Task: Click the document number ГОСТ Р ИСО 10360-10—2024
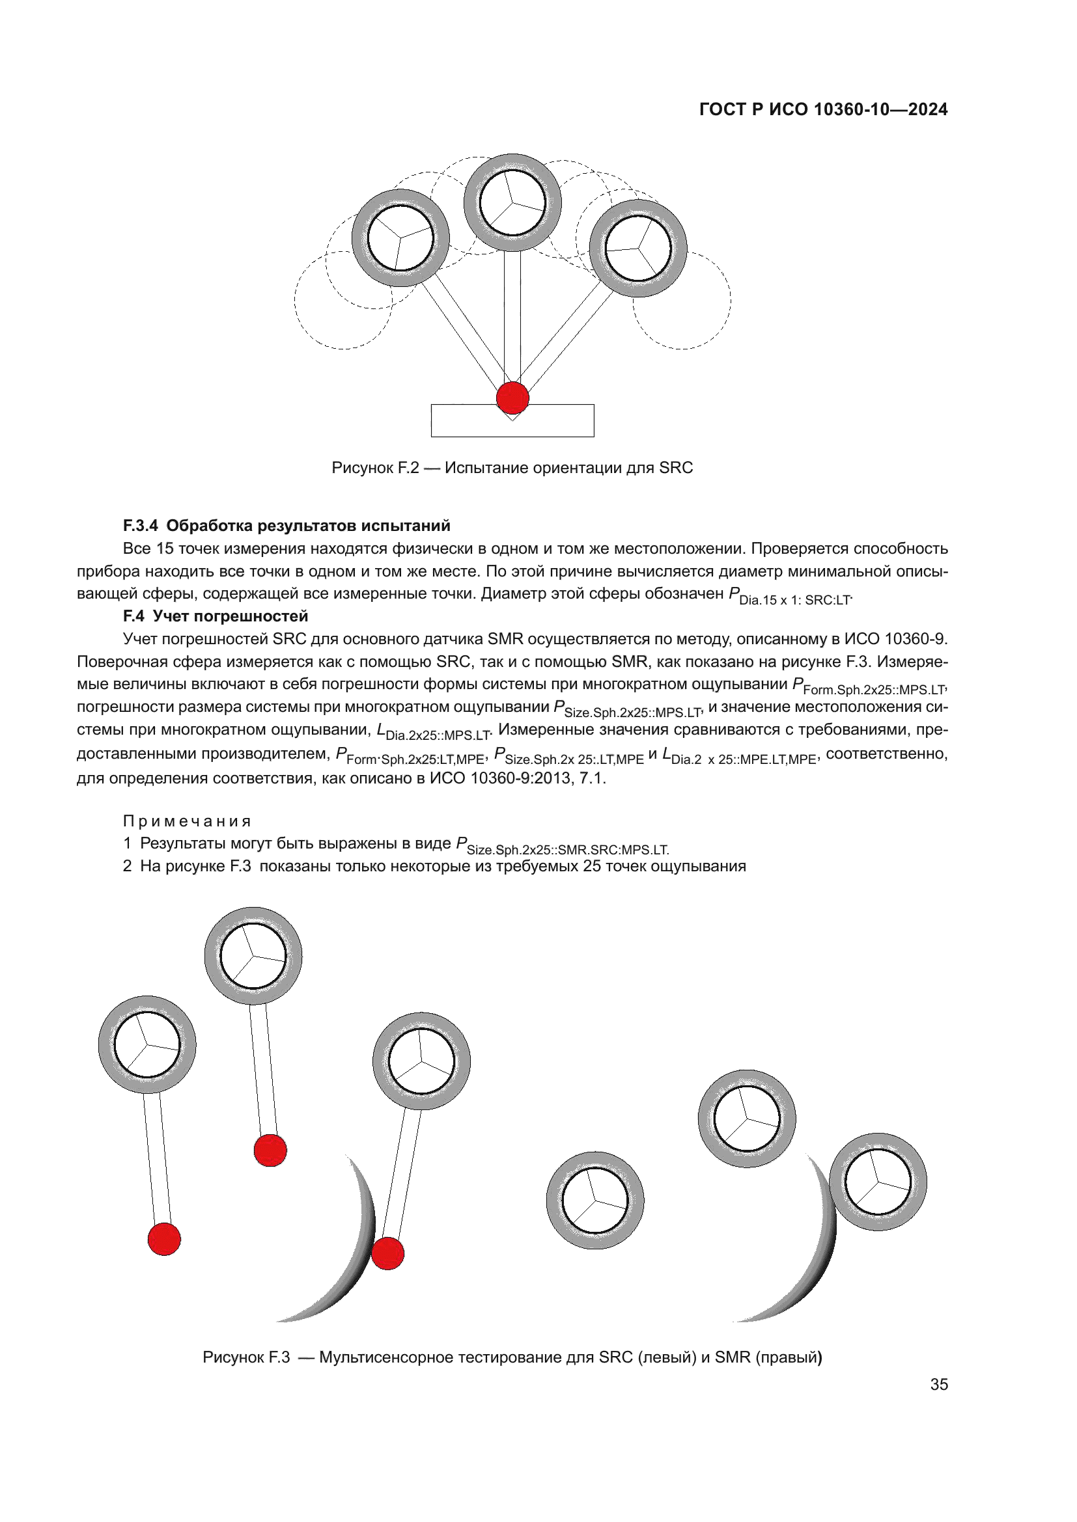coord(823,109)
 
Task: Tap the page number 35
coord(938,1384)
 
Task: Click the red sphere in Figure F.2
coord(512,398)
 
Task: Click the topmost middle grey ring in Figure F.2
coord(512,165)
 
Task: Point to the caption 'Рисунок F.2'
coord(374,468)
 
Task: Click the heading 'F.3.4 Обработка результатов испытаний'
coord(287,526)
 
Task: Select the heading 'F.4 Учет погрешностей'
coord(216,616)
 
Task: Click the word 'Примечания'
coord(187,821)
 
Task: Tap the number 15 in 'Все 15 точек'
coord(165,549)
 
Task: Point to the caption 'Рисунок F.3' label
coord(246,1357)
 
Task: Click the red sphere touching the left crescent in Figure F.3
coord(387,1253)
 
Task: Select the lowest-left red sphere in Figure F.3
coord(164,1239)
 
